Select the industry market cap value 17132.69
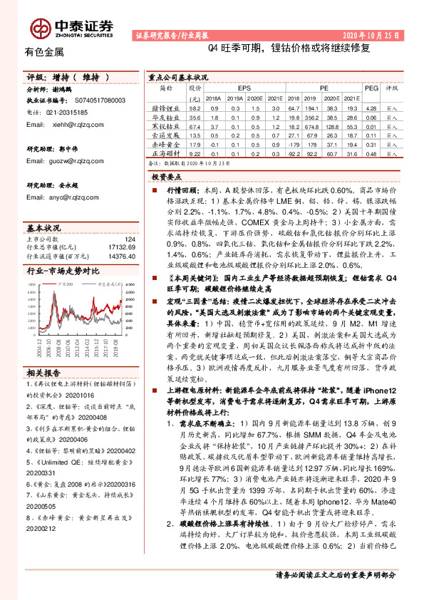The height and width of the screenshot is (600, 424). (x=122, y=247)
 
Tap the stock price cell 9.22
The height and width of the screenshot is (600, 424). (x=195, y=152)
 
